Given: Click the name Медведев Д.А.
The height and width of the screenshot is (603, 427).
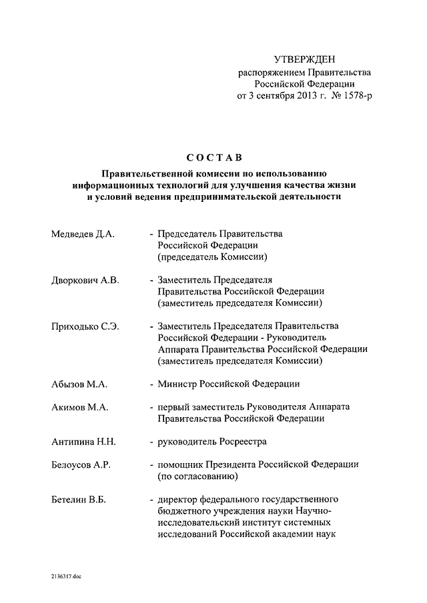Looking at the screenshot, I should click(83, 235).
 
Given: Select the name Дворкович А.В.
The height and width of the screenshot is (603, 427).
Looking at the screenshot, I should click(85, 281).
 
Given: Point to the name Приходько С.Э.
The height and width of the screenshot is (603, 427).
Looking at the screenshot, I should click(85, 326).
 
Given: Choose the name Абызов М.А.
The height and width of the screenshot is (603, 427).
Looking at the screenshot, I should click(79, 384).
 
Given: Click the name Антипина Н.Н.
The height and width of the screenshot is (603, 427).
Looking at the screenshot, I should click(83, 441).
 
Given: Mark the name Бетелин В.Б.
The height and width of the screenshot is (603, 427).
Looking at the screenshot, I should click(79, 499).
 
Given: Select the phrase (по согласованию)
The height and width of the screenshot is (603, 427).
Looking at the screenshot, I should click(197, 476).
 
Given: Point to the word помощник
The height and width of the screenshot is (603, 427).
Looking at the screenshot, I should click(181, 464).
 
